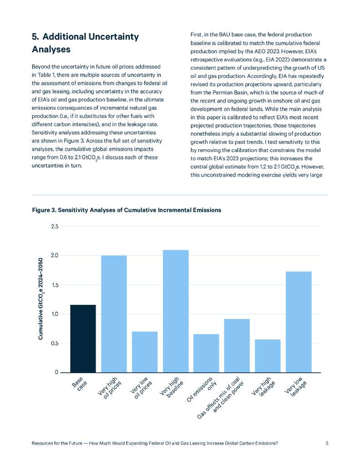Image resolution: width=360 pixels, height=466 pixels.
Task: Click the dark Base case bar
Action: point(83,339)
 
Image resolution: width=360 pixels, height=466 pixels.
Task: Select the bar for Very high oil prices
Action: point(114,314)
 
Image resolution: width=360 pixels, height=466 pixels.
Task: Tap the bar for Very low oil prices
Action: point(145,352)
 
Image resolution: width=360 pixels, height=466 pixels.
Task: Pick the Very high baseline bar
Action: point(176,311)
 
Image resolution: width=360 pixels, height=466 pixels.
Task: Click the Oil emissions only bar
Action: point(206,353)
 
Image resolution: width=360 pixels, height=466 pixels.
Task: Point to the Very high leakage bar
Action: point(268,356)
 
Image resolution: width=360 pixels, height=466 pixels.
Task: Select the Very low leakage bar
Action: point(299,322)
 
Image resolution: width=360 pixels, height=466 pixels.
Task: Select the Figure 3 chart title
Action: point(127,210)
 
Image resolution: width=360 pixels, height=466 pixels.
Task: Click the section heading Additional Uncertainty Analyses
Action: point(85,43)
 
